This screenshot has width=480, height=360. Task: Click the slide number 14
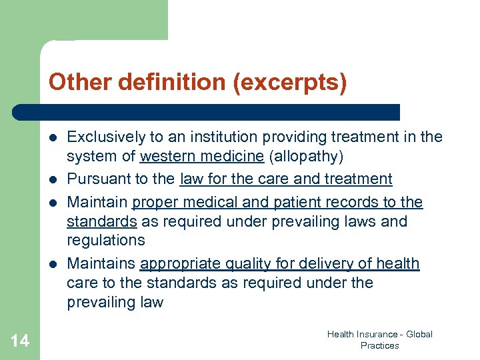coord(20,341)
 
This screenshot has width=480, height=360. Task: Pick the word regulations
coord(106,240)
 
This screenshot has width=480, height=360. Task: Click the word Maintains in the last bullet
coord(101,263)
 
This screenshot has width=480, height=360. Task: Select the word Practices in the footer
coord(379,345)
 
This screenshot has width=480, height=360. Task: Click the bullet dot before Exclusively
coord(53,137)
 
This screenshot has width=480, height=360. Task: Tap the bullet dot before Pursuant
coord(53,179)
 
